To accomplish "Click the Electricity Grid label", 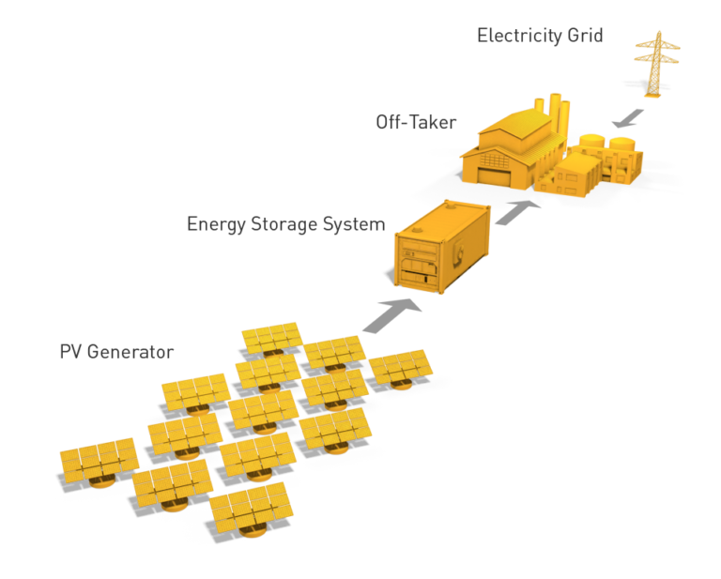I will [539, 37].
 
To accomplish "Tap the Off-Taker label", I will [416, 122].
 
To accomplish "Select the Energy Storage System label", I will [285, 224].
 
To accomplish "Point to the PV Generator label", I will [116, 352].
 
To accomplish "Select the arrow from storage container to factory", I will [512, 212].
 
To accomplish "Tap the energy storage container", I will [441, 249].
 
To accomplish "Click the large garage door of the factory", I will [496, 175].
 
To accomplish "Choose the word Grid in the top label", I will [583, 37].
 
